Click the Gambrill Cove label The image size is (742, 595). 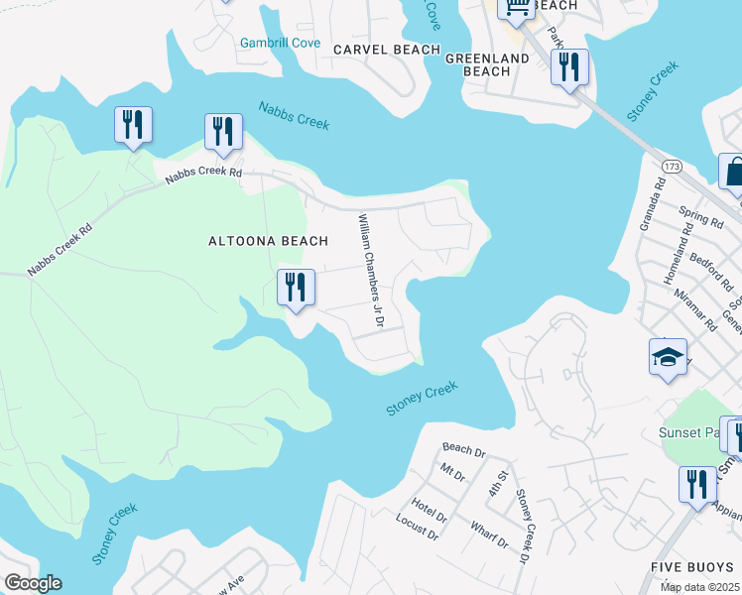280,43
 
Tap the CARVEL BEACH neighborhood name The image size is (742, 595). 386,50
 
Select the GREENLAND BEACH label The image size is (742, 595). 487,64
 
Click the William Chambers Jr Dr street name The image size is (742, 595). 370,272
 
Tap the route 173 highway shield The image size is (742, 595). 673,163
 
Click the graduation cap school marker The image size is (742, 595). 669,356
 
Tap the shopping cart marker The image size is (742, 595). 516,9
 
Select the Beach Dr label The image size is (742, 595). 463,451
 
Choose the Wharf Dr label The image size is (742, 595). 489,535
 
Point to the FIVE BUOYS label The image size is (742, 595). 691,566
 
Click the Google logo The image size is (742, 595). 33,583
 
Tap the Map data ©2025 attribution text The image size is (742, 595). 699,587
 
